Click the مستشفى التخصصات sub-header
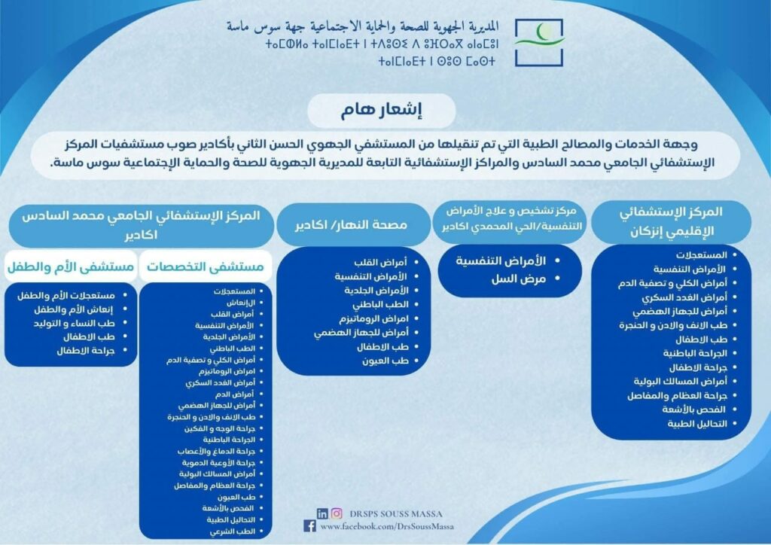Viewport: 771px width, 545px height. pyautogui.click(x=205, y=266)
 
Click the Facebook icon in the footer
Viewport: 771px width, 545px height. pyautogui.click(x=309, y=526)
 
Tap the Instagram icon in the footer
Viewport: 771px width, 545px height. pyautogui.click(x=337, y=513)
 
